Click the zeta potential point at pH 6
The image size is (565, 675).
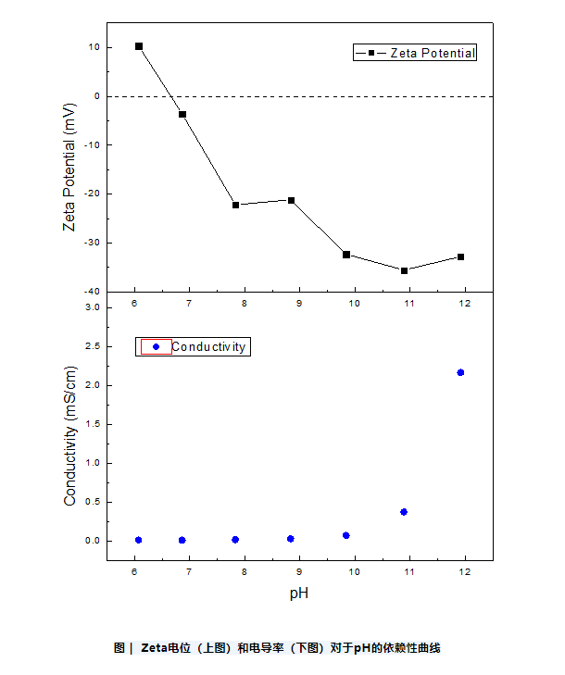point(139,46)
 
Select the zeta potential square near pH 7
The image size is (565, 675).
point(182,114)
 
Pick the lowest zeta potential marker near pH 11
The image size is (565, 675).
point(404,270)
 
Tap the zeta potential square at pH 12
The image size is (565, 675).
point(460,256)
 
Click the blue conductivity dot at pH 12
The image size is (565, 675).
point(460,372)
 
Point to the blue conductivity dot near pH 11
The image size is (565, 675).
point(404,511)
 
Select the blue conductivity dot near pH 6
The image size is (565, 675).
point(139,540)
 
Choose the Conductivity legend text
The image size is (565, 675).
point(208,347)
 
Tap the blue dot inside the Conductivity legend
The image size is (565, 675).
point(156,347)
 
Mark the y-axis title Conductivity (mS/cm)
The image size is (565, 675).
point(69,435)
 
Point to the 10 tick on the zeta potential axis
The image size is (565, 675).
point(94,47)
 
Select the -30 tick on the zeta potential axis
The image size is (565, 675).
point(93,243)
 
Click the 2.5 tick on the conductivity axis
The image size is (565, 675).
point(93,346)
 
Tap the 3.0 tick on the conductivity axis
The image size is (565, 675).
point(93,307)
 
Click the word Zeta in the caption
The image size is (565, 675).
point(154,648)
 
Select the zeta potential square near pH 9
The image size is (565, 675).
point(292,200)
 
